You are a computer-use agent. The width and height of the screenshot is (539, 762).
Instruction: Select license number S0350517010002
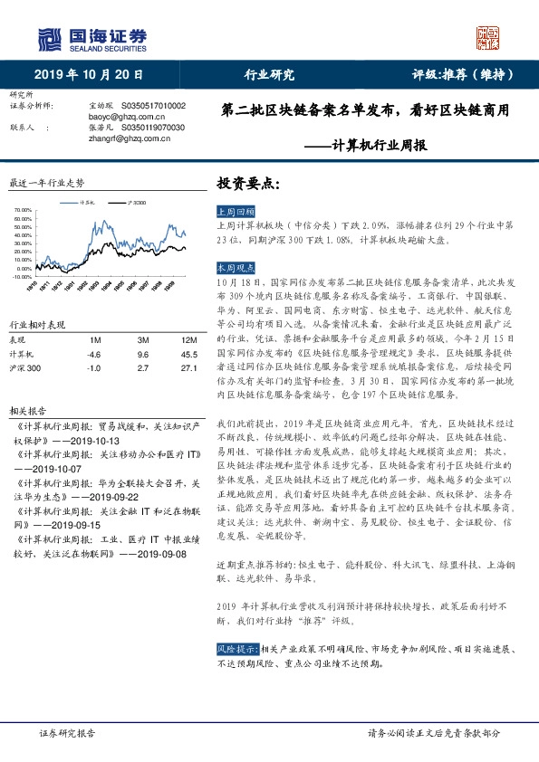pos(152,106)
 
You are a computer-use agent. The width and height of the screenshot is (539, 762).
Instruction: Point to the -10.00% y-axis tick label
pos(23,278)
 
